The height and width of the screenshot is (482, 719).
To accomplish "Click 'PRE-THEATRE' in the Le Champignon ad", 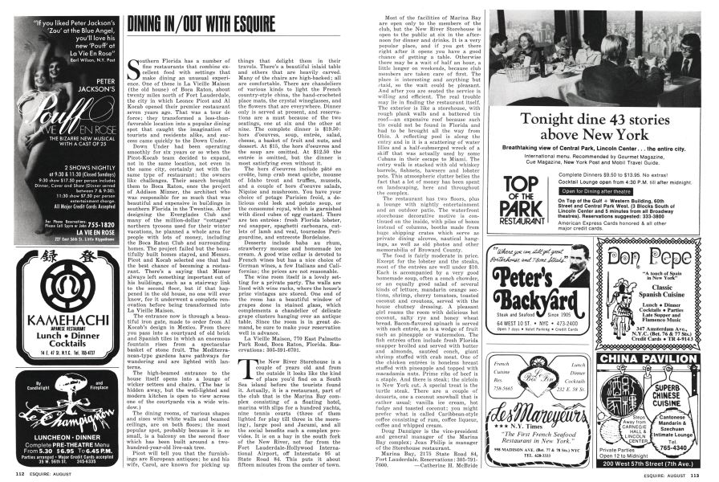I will pyautogui.click(x=70, y=443).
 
